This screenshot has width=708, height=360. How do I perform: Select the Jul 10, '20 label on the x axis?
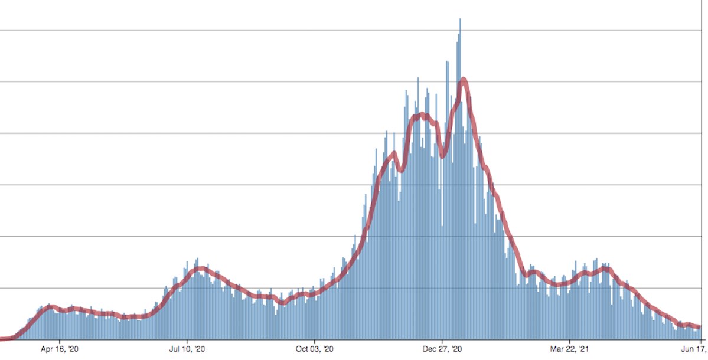[x=188, y=349]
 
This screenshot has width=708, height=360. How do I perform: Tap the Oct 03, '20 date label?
[x=315, y=349]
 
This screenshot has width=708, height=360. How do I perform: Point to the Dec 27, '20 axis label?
[x=442, y=349]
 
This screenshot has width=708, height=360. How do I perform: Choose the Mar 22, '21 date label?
[x=569, y=349]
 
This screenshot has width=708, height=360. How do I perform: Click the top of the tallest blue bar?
[x=460, y=19]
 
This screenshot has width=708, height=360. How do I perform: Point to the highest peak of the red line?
[x=464, y=79]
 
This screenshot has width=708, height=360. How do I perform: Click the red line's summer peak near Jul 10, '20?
[x=201, y=269]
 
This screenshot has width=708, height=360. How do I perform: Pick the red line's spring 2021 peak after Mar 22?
[x=605, y=270]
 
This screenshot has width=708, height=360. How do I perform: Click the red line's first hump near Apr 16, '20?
[x=51, y=306]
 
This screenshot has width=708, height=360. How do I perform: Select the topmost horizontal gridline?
[x=354, y=30]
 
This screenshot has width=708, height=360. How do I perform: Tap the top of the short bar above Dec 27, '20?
[x=442, y=225]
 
